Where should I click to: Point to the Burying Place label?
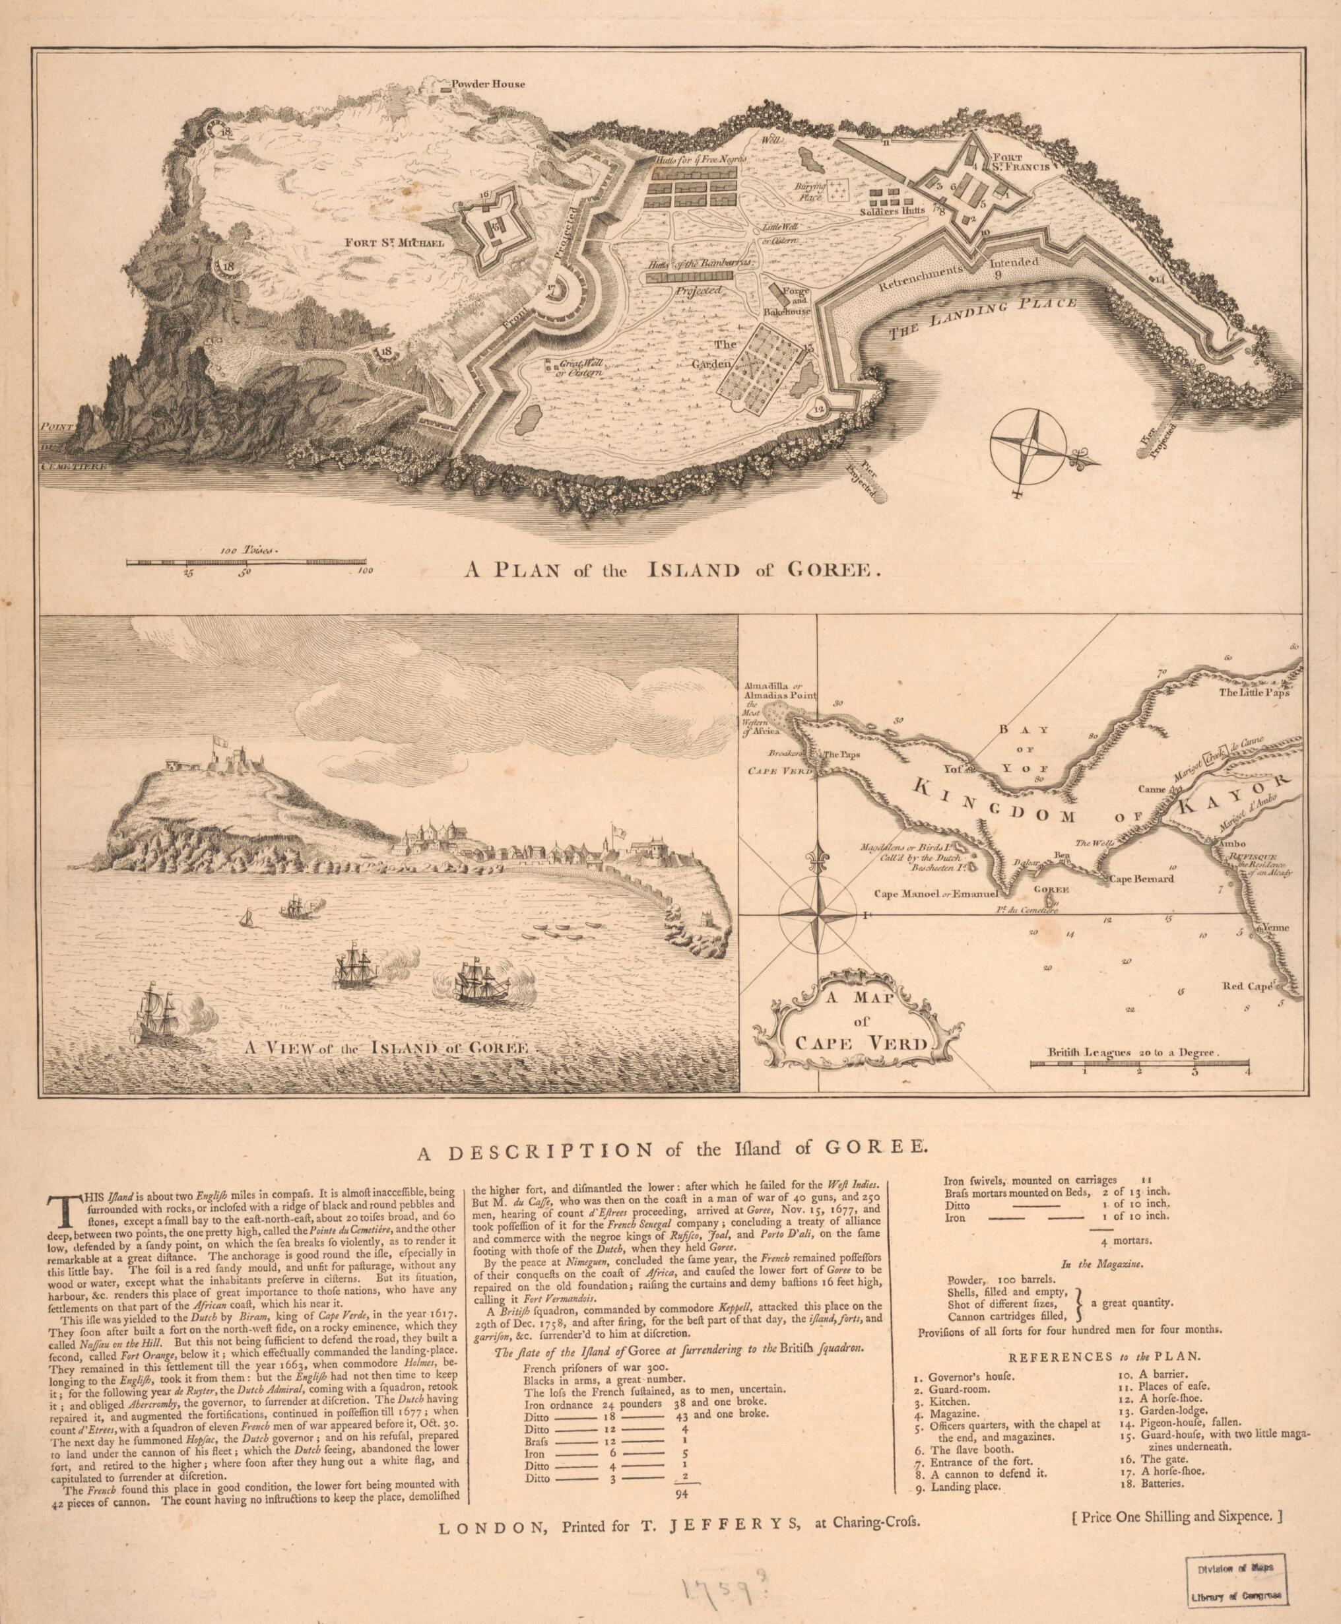point(810,191)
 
